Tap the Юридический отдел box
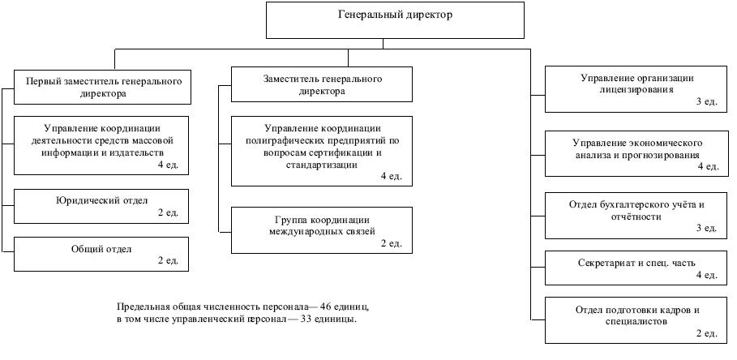[102, 206]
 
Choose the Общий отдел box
[102, 254]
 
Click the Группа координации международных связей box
[321, 229]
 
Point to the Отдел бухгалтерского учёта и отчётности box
[636, 215]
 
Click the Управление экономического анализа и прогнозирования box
[636, 153]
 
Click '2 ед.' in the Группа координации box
[392, 242]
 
